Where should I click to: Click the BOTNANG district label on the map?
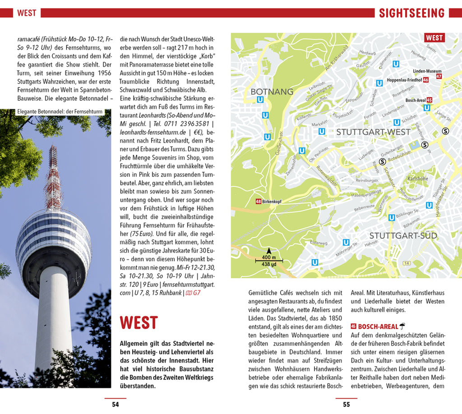[x=272, y=92]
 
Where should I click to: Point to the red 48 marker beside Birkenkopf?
[x=258, y=202]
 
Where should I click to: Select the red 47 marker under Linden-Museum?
[x=439, y=77]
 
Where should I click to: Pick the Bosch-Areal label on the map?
[x=415, y=100]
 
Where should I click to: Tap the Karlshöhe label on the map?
[x=417, y=179]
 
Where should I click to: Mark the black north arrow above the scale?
[x=269, y=251]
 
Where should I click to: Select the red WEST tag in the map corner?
[x=434, y=38]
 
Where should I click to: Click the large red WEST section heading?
[x=139, y=323]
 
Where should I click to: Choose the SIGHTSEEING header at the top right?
[x=411, y=13]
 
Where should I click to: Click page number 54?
[x=115, y=404]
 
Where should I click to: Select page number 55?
[x=346, y=404]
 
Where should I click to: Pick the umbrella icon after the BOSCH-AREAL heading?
[x=402, y=326]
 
